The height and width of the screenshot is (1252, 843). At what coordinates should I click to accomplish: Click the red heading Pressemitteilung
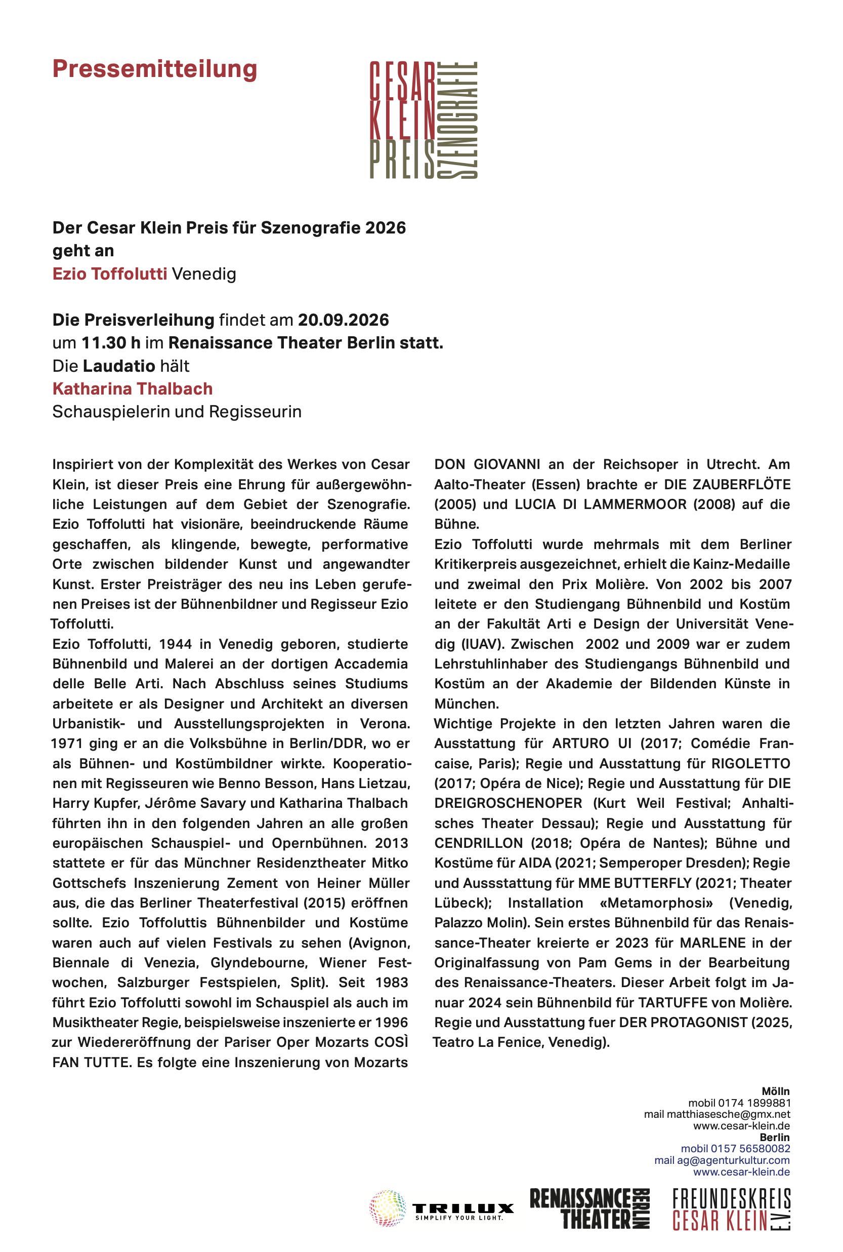click(x=154, y=69)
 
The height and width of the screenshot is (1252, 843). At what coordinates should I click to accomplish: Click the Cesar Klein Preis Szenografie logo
click(x=423, y=120)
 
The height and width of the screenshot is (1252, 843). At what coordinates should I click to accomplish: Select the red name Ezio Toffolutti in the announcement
click(x=110, y=274)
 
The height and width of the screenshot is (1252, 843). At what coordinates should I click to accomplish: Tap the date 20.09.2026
click(x=343, y=320)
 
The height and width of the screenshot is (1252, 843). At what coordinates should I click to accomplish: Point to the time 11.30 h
click(x=111, y=343)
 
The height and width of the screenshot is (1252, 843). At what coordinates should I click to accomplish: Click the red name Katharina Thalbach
click(x=132, y=388)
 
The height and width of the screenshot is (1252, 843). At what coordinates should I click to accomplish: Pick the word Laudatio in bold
click(x=119, y=366)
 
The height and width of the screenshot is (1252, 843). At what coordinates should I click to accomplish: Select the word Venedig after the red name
click(x=204, y=274)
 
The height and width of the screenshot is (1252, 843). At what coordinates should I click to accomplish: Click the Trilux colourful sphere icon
click(x=387, y=1208)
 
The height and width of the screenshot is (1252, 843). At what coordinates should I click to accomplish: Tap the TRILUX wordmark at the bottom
click(x=463, y=1208)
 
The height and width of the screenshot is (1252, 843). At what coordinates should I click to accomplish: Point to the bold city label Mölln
click(x=775, y=1091)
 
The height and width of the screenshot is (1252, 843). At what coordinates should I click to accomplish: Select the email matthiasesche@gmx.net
click(x=728, y=1114)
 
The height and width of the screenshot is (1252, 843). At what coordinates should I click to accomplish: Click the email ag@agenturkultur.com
click(x=733, y=1160)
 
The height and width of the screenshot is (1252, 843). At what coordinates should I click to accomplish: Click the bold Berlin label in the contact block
click(x=774, y=1138)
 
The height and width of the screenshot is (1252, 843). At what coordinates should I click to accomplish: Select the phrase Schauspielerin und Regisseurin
click(x=177, y=412)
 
